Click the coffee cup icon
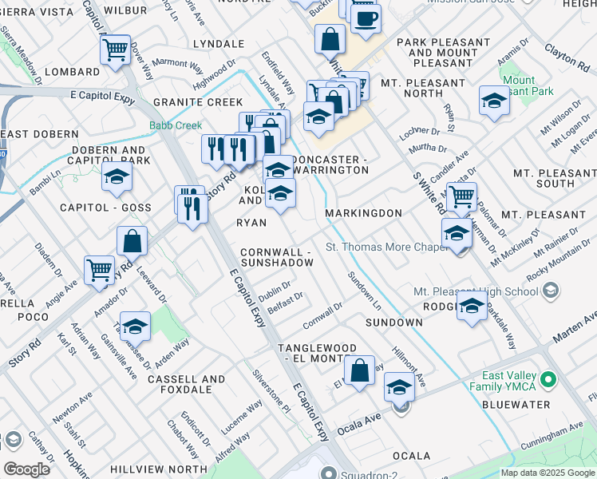[366, 19]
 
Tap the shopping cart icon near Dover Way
[116, 49]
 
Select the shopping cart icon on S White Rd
[461, 196]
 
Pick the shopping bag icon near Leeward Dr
[132, 239]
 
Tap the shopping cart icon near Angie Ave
[100, 270]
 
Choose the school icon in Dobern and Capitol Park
[117, 179]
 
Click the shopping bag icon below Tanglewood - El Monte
[360, 370]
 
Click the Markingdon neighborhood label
[363, 214]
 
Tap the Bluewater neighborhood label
[517, 405]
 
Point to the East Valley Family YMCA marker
[548, 378]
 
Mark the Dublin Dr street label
[274, 291]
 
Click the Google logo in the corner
[27, 469]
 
